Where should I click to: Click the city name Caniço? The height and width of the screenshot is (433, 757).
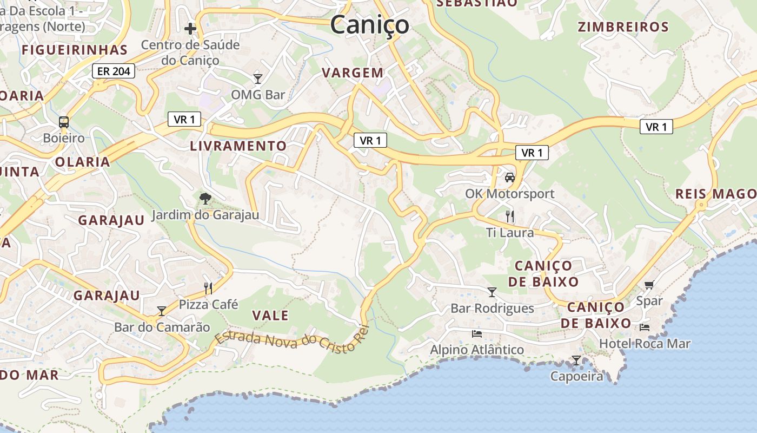point(369,25)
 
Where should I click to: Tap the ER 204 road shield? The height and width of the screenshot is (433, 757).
point(114,71)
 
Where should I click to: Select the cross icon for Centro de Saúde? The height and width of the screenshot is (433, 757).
point(190,28)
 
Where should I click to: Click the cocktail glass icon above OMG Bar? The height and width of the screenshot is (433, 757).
point(258,79)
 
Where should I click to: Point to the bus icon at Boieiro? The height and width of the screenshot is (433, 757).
point(64,122)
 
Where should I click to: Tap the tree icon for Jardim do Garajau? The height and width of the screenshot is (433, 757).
point(205,199)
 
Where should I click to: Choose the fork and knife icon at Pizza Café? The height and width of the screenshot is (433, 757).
point(208,288)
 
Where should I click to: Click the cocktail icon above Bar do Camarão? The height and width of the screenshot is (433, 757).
point(161,311)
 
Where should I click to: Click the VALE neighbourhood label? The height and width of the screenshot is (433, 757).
point(270,316)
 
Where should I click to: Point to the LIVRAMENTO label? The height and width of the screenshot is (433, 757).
point(238,146)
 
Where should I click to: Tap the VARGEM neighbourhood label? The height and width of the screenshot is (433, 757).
point(353,73)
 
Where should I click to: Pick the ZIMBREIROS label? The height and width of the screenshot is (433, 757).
point(623,27)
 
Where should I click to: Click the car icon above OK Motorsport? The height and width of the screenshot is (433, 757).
point(509,177)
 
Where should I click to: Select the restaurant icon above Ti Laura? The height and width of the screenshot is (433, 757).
point(509,216)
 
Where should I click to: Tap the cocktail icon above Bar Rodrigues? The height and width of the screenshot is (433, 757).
point(492,292)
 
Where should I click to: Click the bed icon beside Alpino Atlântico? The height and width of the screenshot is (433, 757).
point(476,333)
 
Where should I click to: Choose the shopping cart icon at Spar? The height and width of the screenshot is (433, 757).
point(649,285)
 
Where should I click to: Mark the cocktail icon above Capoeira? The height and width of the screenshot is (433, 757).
point(576,360)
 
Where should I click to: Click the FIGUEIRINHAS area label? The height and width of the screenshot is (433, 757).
point(75,50)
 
